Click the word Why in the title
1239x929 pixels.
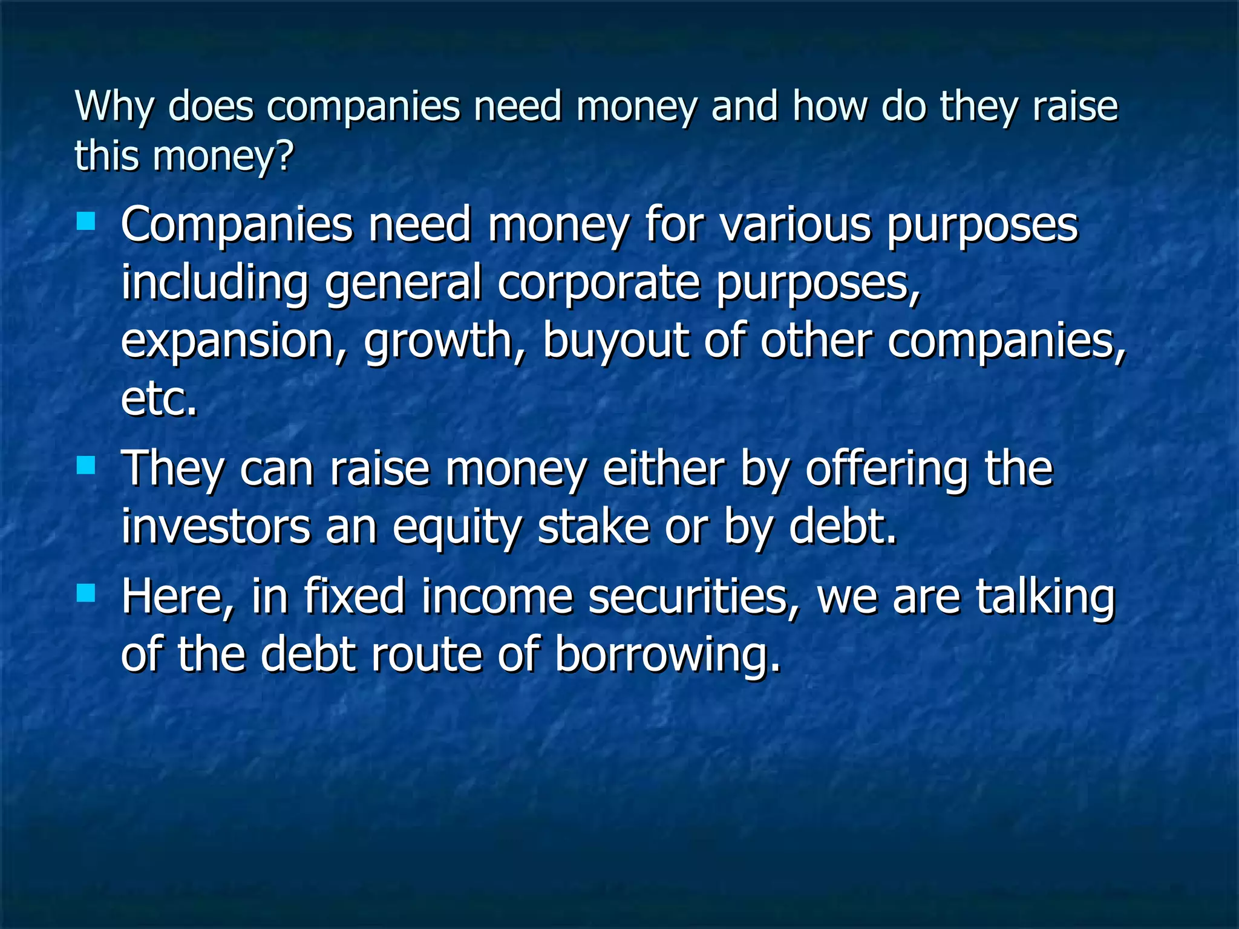pyautogui.click(x=114, y=107)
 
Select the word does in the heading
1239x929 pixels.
pyautogui.click(x=211, y=106)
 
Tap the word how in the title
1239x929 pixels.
pyautogui.click(x=829, y=106)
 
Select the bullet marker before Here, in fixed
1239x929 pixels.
pyautogui.click(x=87, y=593)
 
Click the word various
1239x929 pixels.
pyautogui.click(x=796, y=225)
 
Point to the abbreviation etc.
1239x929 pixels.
pyautogui.click(x=159, y=399)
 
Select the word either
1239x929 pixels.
pyautogui.click(x=664, y=468)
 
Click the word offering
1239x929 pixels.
pyautogui.click(x=886, y=469)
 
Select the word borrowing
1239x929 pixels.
pyautogui.click(x=667, y=656)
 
